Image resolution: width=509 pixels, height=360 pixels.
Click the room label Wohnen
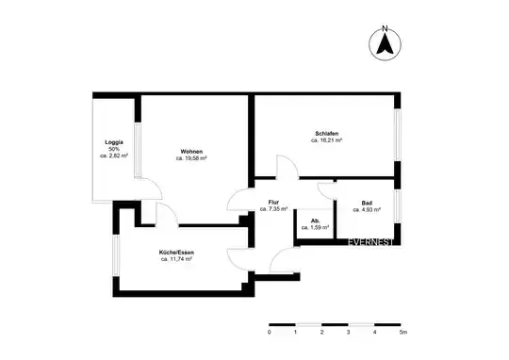click(191, 152)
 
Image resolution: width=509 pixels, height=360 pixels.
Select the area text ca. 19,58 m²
click(191, 159)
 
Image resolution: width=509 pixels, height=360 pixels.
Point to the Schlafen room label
click(327, 133)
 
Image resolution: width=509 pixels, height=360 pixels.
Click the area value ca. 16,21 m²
click(327, 140)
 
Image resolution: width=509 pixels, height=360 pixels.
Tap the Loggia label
click(114, 142)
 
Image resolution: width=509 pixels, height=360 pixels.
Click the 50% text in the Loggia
click(114, 149)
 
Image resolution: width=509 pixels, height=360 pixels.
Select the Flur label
click(273, 202)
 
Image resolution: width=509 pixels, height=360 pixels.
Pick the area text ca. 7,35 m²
click(273, 209)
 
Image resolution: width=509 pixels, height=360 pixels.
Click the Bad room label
click(367, 202)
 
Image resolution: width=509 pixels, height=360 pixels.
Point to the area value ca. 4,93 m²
click(367, 209)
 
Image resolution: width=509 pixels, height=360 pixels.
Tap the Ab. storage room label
click(315, 221)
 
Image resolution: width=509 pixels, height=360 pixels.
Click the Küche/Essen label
click(176, 251)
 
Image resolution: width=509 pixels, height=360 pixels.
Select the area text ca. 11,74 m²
click(176, 258)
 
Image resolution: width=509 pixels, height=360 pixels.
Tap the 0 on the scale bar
click(270, 333)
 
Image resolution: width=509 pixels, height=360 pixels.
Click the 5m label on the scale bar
click(402, 333)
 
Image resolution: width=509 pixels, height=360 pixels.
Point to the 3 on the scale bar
click(349, 333)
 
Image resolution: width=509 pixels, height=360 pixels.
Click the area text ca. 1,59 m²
click(315, 228)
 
